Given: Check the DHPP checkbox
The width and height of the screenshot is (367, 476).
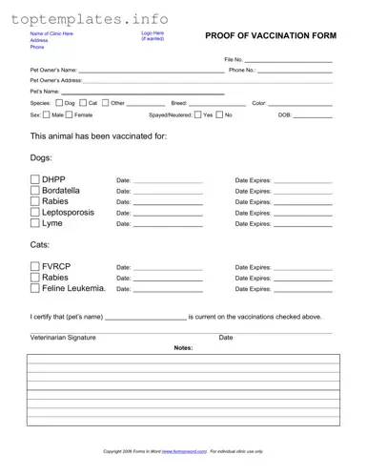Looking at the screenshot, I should [35, 179].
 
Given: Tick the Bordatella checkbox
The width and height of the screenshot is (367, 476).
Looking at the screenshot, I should [35, 191].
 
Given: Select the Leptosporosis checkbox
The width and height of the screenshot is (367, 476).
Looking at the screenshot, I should [35, 213].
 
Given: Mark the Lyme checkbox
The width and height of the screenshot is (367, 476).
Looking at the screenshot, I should [35, 224].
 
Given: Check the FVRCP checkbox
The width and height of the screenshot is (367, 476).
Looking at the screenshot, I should [35, 267].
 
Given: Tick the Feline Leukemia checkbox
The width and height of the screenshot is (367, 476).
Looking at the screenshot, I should [35, 288].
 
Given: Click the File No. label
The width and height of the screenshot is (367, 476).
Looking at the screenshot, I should [234, 60].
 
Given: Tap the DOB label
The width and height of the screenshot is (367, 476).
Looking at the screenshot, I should [284, 114].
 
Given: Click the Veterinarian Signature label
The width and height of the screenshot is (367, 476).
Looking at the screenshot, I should [63, 338].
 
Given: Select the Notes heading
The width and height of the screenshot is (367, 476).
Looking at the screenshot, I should [183, 348].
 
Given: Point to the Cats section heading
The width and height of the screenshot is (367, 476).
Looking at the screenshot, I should [41, 246].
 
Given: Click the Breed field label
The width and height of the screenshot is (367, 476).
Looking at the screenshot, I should [179, 102].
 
